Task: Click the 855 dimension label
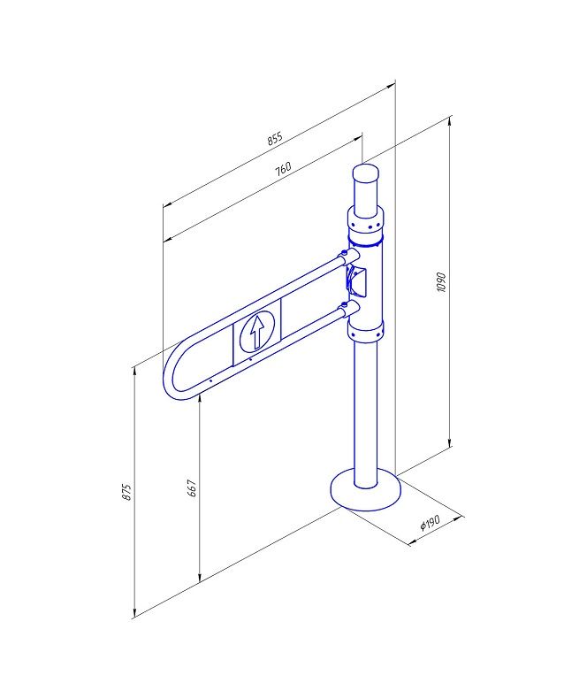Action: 275,138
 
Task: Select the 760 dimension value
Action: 283,169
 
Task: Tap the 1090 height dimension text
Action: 441,282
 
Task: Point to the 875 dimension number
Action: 126,491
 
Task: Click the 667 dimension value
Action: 192,488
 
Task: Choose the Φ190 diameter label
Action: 431,522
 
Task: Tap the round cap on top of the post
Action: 366,173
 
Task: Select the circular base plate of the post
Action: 366,490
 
